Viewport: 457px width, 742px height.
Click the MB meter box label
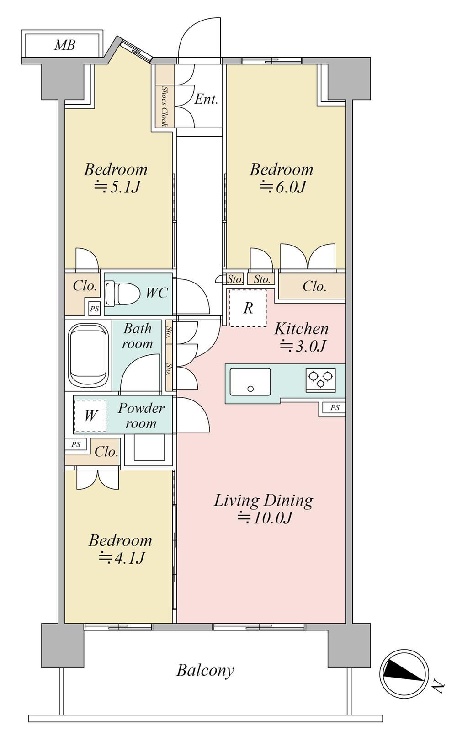(65, 45)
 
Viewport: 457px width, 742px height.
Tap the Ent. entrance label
(206, 99)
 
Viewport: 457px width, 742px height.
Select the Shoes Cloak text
(164, 107)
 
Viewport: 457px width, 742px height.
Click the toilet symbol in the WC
(122, 293)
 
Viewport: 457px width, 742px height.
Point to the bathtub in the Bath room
(89, 357)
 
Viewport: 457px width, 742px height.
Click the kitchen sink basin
(250, 382)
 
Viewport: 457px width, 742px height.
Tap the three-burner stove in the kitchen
(320, 379)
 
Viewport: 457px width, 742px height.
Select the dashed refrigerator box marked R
(248, 308)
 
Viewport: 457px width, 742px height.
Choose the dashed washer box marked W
(90, 416)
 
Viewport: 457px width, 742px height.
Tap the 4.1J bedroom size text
(122, 559)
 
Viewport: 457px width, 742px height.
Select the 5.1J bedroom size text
(118, 187)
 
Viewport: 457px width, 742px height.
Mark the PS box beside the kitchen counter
(335, 408)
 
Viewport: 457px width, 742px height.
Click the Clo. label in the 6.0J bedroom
(314, 287)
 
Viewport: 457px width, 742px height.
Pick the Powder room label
(141, 416)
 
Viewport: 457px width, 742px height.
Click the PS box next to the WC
(95, 309)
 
